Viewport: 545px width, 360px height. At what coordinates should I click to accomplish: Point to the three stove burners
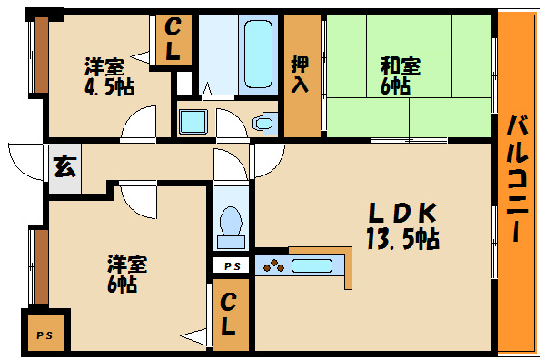[x=273, y=266]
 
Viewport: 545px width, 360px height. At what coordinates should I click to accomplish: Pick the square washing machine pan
[x=193, y=121]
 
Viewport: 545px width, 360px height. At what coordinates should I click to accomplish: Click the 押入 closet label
[x=301, y=75]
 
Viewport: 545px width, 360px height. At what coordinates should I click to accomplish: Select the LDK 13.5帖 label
[x=403, y=225]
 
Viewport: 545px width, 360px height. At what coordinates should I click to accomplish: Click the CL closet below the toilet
[x=231, y=312]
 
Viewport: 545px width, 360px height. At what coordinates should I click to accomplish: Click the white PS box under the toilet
[x=231, y=265]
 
